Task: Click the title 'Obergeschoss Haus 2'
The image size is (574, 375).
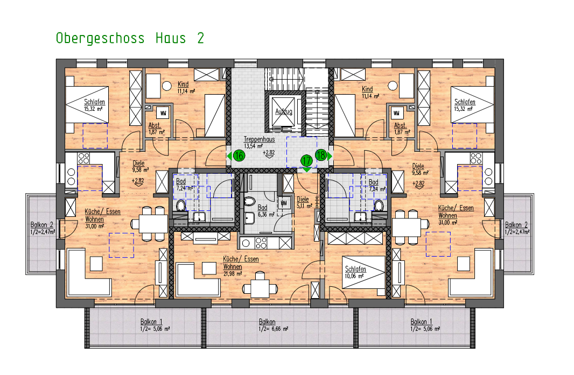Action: tap(130, 38)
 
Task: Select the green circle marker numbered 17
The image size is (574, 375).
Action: tap(306, 160)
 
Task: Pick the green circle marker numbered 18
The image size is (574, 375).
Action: tap(321, 155)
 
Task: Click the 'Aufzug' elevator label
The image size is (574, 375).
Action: tap(284, 111)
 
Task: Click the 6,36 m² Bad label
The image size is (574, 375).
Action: tap(262, 207)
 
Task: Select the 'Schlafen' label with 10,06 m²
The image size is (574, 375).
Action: tap(355, 270)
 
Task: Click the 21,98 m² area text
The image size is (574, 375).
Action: tap(232, 273)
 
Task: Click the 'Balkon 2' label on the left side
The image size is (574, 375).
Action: tap(42, 225)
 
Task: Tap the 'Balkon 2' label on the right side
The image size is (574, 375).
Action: tap(516, 225)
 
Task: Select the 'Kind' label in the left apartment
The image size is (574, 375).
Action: tap(183, 84)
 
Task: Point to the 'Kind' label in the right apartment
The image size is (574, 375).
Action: tap(367, 89)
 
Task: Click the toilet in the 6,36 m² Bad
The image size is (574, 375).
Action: tap(250, 202)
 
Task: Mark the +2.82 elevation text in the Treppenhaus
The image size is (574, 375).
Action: tap(269, 153)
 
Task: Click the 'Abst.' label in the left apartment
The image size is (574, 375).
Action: tap(154, 125)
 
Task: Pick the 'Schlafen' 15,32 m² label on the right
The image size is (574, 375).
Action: tap(465, 102)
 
